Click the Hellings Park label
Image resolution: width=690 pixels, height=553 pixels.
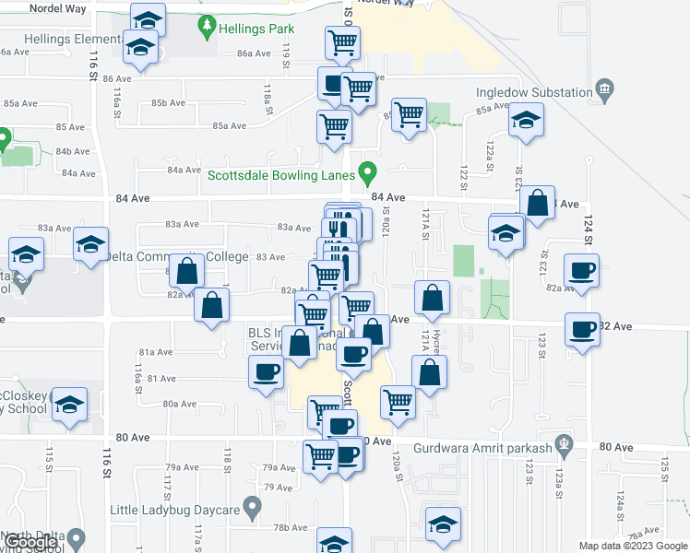click(x=256, y=29)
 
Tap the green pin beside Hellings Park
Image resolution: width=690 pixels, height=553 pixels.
click(x=208, y=25)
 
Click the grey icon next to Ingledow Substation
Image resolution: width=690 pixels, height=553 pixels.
click(x=605, y=90)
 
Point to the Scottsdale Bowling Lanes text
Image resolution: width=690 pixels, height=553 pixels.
click(x=280, y=176)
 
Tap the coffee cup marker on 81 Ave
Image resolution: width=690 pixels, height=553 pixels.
click(x=267, y=371)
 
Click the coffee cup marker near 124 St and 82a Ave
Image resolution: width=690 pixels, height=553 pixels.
click(x=581, y=271)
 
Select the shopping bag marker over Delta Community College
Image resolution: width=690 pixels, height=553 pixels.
click(x=187, y=272)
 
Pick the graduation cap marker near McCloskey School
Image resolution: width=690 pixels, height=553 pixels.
click(x=70, y=404)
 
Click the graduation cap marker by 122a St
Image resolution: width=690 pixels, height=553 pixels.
click(x=526, y=120)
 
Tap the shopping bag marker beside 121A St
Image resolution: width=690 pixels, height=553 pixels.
click(x=432, y=299)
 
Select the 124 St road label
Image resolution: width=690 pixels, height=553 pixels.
click(x=587, y=225)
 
